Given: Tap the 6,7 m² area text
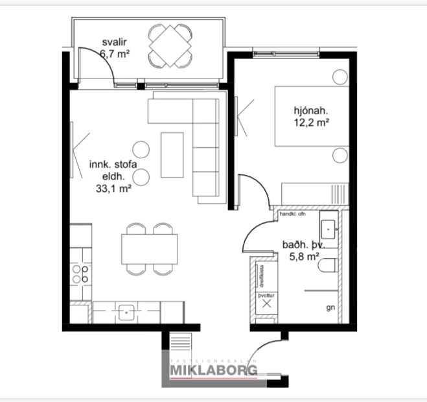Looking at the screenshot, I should point(115,54).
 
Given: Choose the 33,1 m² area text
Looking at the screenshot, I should point(113,189).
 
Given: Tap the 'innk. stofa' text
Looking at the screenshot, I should point(113,165).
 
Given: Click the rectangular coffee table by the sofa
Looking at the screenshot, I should point(172,154).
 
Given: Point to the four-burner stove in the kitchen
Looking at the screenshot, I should point(80,273).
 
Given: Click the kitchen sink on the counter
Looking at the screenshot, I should point(126,312).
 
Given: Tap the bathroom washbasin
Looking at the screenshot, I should point(329,228).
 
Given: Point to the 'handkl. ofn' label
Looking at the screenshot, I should point(293,213).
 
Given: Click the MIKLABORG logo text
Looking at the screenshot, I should point(213,370).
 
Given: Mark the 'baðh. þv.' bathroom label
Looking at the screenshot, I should point(303,245).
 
